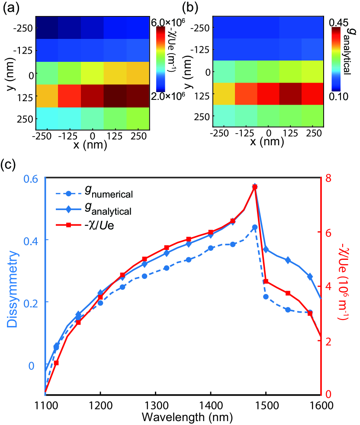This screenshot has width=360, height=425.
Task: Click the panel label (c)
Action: point(10,167)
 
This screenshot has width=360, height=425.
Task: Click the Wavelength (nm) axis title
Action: point(182,418)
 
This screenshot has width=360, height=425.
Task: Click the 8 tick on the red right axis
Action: point(330,178)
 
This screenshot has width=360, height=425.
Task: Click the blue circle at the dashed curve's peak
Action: point(255,227)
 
